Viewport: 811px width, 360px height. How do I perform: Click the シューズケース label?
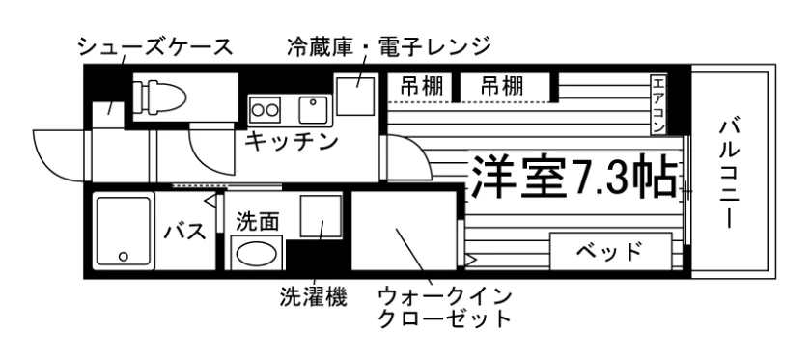pos(155,47)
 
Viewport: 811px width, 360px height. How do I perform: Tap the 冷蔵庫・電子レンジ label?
pos(388,46)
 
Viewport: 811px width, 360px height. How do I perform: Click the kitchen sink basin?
pos(313,110)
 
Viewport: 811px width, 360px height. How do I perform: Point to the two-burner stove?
pos(265,110)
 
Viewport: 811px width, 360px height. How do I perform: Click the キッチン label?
pos(291,141)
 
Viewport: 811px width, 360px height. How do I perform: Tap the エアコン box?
pos(657,105)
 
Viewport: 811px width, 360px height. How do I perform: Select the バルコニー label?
pos(730,174)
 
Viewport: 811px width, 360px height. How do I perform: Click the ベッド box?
pos(610,251)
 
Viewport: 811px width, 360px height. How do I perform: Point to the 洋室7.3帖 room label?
pos(574,177)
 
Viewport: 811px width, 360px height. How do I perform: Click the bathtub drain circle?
pos(124,256)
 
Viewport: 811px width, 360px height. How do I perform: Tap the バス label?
pos(185,233)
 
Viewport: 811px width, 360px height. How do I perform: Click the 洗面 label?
pos(258,222)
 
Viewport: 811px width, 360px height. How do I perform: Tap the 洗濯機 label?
pos(314,297)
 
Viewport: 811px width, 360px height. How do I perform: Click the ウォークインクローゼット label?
pos(445,309)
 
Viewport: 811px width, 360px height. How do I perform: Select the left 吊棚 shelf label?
pos(422,86)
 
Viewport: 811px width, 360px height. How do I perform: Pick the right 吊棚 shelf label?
pos(502,86)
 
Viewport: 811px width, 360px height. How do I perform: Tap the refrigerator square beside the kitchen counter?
pos(355,96)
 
